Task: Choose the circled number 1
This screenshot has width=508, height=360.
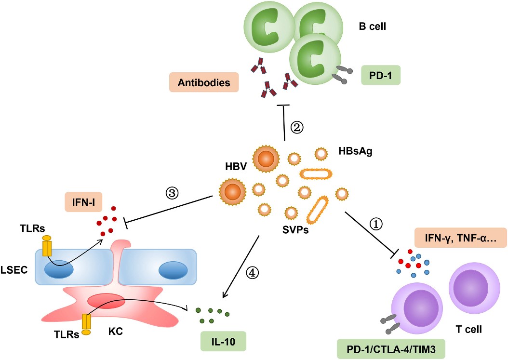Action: (375, 224)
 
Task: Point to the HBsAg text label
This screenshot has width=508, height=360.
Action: (356, 151)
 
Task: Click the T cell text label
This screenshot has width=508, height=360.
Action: (468, 329)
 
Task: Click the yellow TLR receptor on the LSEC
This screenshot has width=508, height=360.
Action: (47, 246)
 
